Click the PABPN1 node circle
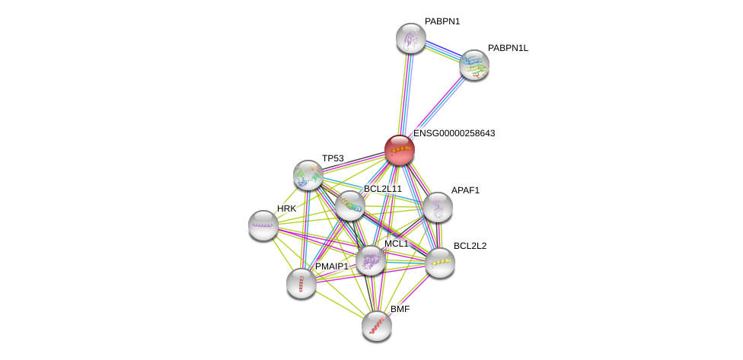coord(410,38)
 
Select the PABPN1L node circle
coord(474,65)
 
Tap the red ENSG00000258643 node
coord(399,149)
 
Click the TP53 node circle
coord(308,175)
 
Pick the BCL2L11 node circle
coord(350,205)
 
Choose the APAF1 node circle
coord(437,207)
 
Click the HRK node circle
coord(263,225)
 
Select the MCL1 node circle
coord(371,260)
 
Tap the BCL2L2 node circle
coord(439,263)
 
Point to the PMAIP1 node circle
coord(301,283)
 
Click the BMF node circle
coord(376,326)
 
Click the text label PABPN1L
coord(508,48)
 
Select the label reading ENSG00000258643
coord(454,133)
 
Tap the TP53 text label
coord(333,158)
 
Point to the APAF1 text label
coord(465,190)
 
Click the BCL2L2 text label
coord(470,246)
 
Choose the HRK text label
coord(286,209)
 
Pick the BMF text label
coord(400,309)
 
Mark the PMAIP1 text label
coord(331,266)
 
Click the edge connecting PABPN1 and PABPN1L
coord(442,51)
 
